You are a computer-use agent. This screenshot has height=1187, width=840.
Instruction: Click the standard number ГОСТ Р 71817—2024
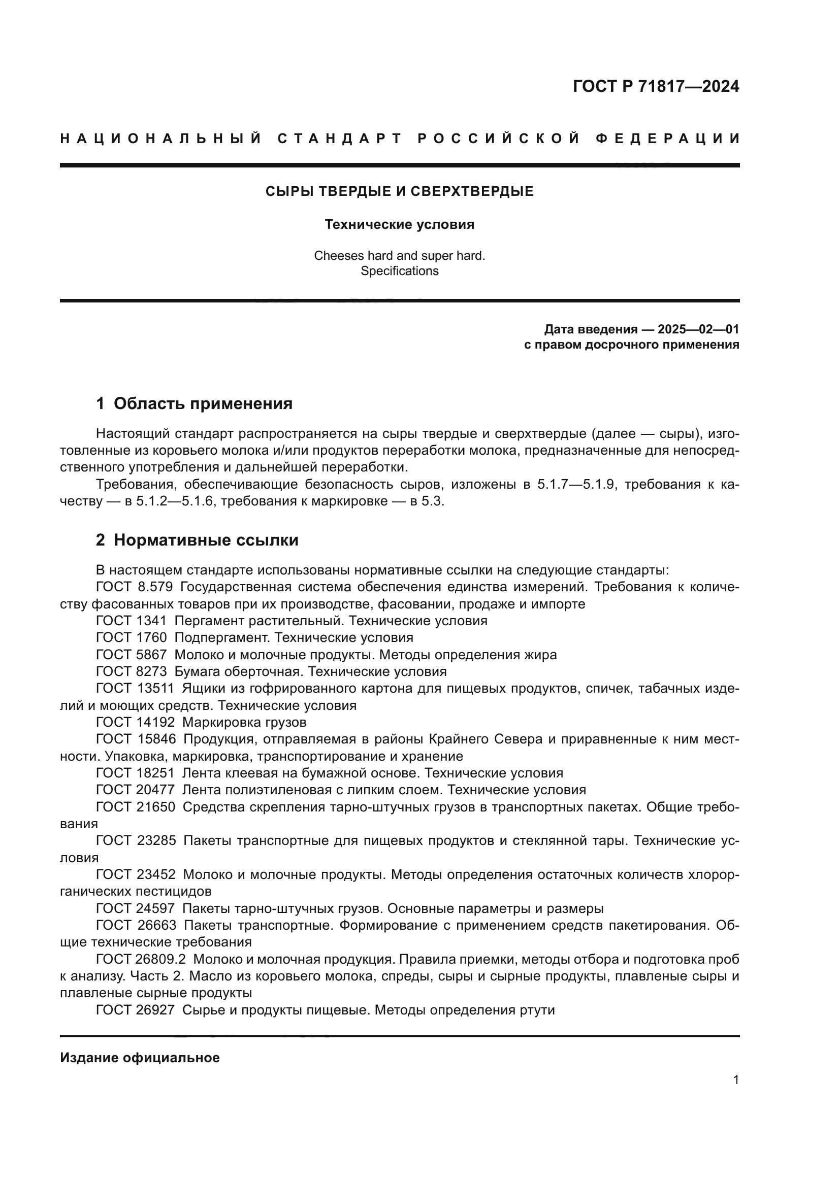click(x=656, y=86)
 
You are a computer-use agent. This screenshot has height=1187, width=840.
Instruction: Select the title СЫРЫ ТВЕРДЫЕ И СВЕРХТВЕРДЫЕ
click(x=399, y=192)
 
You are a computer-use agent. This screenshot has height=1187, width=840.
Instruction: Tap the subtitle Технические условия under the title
click(x=399, y=224)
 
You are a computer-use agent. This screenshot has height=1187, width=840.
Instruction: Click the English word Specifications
click(x=399, y=271)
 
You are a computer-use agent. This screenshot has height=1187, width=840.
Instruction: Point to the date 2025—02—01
click(x=698, y=329)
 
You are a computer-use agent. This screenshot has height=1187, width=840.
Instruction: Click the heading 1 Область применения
click(x=195, y=404)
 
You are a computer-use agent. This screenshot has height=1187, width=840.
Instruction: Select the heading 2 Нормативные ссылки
click(x=197, y=540)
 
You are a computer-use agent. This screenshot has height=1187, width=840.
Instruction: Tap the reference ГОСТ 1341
click(x=132, y=621)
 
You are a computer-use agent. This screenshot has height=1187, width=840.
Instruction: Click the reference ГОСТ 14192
click(x=136, y=722)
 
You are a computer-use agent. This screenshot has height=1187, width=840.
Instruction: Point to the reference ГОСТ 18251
click(x=136, y=773)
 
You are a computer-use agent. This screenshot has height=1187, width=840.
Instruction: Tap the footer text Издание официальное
click(x=140, y=1058)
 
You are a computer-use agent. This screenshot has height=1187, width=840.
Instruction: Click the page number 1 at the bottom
click(x=735, y=1080)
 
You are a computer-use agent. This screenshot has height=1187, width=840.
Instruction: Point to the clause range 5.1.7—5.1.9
click(x=577, y=485)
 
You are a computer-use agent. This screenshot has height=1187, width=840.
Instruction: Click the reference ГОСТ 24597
click(x=136, y=909)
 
